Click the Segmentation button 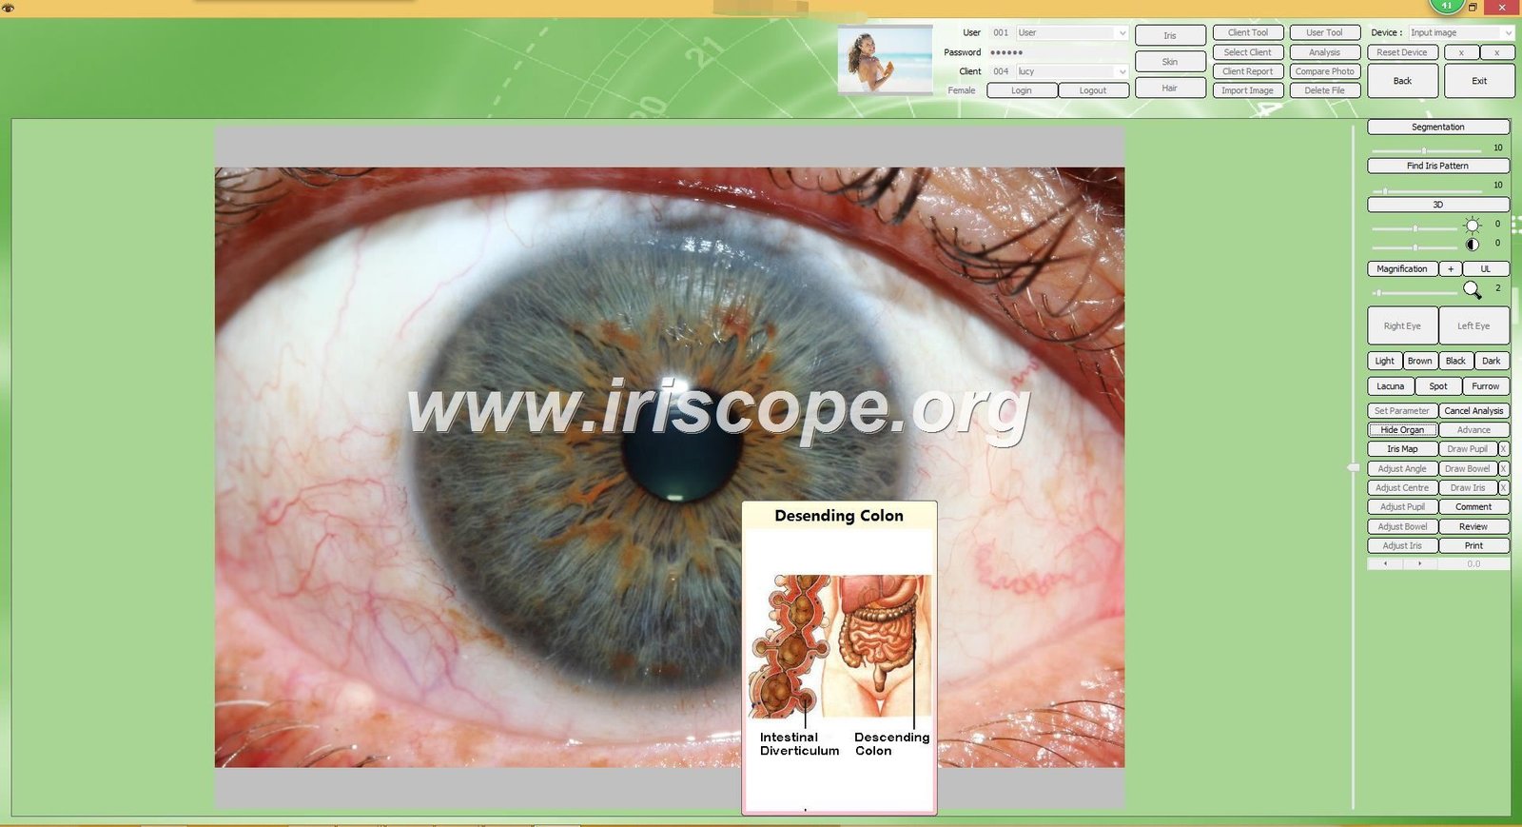tap(1437, 127)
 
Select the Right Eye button tap(1402, 325)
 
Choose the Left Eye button tap(1473, 325)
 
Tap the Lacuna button tap(1390, 386)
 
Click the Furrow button tap(1485, 386)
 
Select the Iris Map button tap(1402, 449)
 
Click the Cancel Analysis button tap(1473, 411)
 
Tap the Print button tap(1473, 546)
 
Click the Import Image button tap(1247, 90)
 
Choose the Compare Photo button tap(1324, 71)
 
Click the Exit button tap(1479, 81)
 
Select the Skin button tap(1170, 62)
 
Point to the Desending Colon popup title tap(839, 516)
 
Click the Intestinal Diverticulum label tap(799, 744)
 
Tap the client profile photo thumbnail tap(885, 59)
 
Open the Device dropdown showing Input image tap(1460, 32)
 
